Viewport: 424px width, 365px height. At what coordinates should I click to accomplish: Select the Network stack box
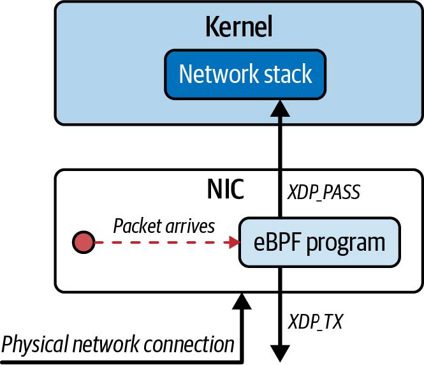pyautogui.click(x=245, y=75)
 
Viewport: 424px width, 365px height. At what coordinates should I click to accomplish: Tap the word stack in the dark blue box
pyautogui.click(x=288, y=75)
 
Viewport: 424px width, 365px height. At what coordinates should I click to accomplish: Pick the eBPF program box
pyautogui.click(x=319, y=242)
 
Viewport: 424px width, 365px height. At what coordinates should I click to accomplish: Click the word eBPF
pyautogui.click(x=274, y=242)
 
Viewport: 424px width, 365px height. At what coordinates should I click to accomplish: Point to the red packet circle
pyautogui.click(x=84, y=242)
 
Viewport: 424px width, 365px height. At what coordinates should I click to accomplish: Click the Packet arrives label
pyautogui.click(x=163, y=226)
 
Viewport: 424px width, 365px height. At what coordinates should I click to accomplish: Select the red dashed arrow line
pyautogui.click(x=159, y=242)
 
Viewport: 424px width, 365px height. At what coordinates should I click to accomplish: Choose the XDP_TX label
pyautogui.click(x=316, y=321)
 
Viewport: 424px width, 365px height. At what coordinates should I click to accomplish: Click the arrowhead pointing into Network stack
pyautogui.click(x=279, y=108)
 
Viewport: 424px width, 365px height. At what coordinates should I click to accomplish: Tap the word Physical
pyautogui.click(x=32, y=345)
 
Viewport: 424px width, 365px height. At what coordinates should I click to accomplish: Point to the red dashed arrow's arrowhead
pyautogui.click(x=233, y=242)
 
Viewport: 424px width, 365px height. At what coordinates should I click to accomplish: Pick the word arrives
pyautogui.click(x=191, y=226)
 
